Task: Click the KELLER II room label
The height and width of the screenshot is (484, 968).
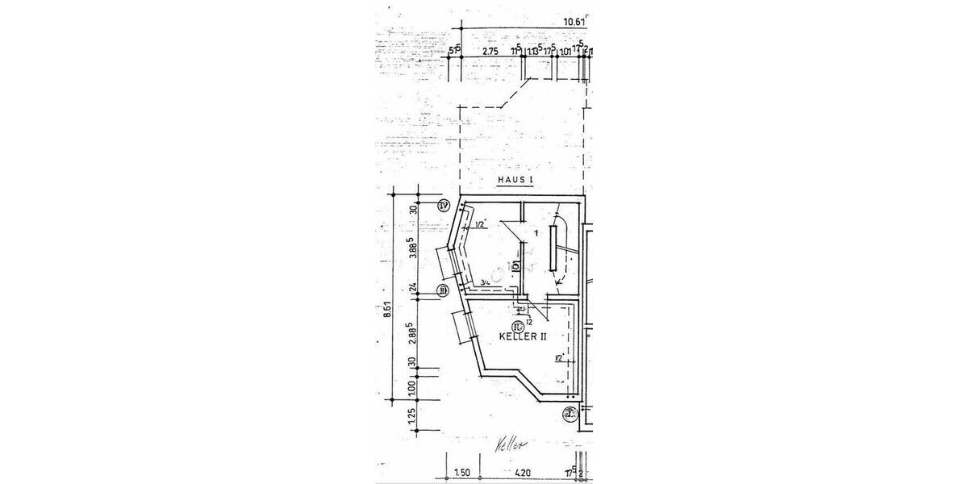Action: pyautogui.click(x=524, y=336)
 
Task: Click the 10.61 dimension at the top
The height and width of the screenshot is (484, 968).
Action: pyautogui.click(x=574, y=21)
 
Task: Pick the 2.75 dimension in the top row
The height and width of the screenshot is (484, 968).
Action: pyautogui.click(x=490, y=52)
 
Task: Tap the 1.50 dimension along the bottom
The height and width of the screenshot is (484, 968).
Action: pyautogui.click(x=461, y=473)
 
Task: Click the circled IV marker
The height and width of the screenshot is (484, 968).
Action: pyautogui.click(x=443, y=205)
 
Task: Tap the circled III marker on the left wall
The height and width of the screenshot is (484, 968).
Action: pyautogui.click(x=442, y=290)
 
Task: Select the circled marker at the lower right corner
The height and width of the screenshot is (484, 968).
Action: pyautogui.click(x=570, y=415)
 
